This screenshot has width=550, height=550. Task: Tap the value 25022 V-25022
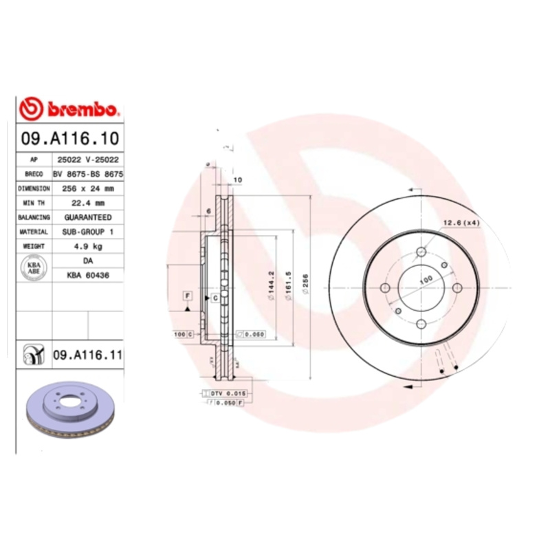(x=87, y=159)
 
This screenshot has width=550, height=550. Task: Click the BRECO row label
(x=34, y=174)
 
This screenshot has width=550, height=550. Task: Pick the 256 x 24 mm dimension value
(x=87, y=188)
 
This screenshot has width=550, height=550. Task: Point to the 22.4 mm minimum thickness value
(x=87, y=203)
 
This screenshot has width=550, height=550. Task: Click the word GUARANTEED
(x=87, y=217)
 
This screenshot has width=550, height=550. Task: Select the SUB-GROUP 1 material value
(x=87, y=232)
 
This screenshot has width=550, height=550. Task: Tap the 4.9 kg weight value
(x=87, y=246)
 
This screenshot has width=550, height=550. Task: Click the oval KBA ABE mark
(x=34, y=268)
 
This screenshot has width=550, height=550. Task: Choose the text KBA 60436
(x=87, y=275)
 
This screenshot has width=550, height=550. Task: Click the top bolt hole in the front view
(x=421, y=252)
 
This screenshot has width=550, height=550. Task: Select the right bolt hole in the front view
(x=456, y=287)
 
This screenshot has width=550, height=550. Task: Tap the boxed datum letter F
(x=186, y=296)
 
